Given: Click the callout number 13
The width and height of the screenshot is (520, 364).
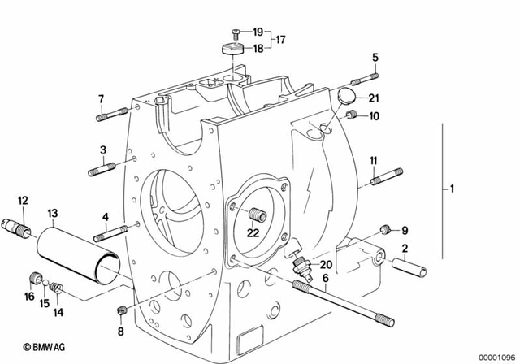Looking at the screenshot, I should pos(53,213).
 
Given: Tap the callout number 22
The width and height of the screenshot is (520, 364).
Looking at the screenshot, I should pos(253,233).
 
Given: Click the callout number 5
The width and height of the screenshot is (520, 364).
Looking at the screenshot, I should pos(375,56).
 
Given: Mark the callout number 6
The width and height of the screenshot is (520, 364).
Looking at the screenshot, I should pos(325,278).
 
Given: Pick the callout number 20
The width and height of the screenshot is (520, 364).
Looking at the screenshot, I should pos(325,265).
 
